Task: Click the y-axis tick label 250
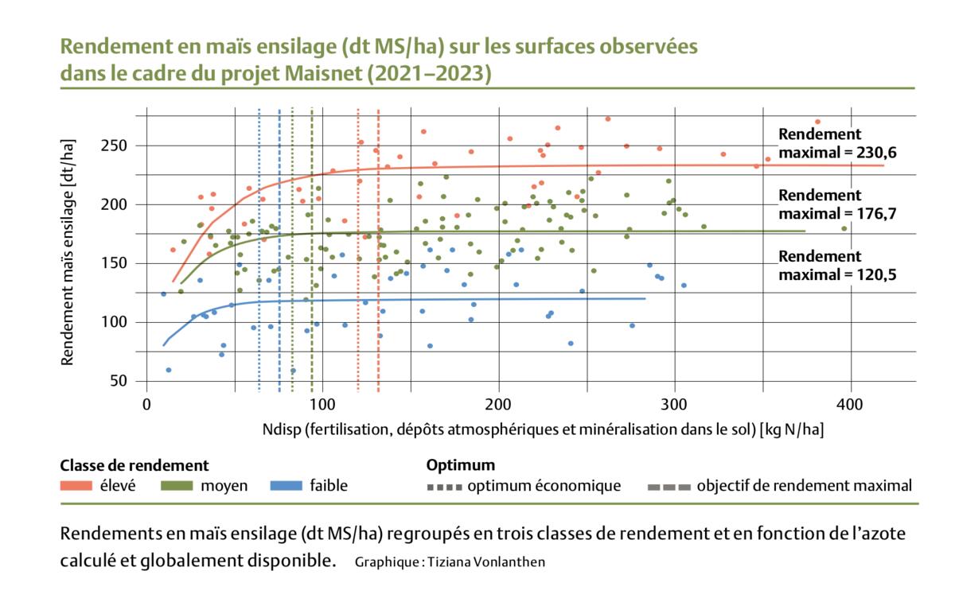click(x=123, y=146)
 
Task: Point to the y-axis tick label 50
click(x=127, y=382)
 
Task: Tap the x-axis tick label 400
click(x=851, y=404)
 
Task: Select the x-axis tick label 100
click(x=322, y=404)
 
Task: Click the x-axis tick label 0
click(x=146, y=404)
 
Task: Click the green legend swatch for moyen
click(x=178, y=486)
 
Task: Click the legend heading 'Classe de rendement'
click(x=134, y=465)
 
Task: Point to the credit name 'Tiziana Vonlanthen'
click(x=486, y=562)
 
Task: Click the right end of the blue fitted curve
click(x=644, y=298)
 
